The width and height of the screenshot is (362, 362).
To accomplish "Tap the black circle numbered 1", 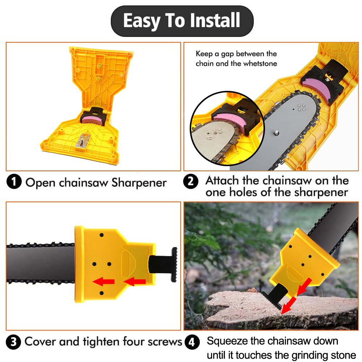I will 14,182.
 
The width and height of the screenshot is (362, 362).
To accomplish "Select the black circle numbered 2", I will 191,181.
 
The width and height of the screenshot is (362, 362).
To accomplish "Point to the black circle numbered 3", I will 14,342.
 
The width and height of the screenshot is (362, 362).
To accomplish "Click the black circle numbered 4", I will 192,342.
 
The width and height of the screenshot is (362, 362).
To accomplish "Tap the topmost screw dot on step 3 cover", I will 101,235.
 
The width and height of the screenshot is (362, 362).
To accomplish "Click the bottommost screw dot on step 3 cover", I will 101,292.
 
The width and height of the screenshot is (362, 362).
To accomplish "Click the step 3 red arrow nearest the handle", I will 135,281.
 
